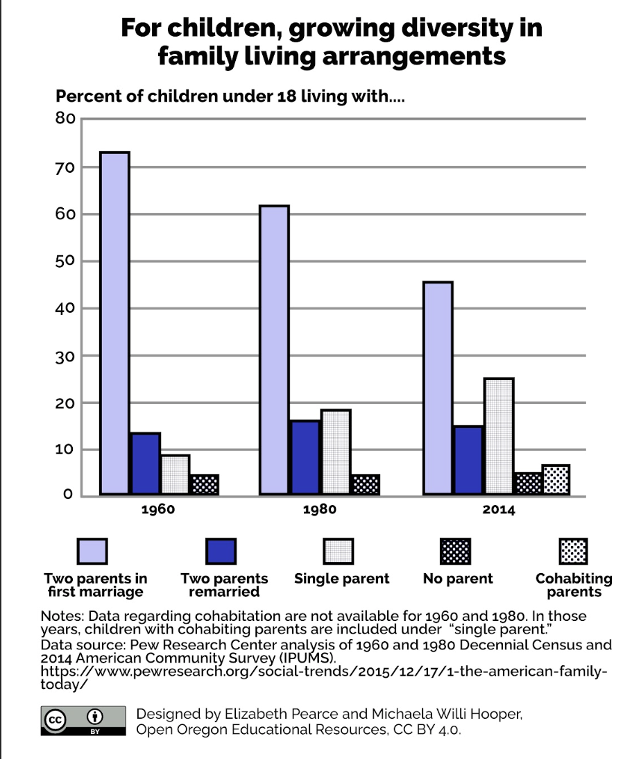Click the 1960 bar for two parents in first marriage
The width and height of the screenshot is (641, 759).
(x=114, y=323)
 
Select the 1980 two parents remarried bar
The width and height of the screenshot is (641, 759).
(x=305, y=458)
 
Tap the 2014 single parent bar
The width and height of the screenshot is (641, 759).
(x=499, y=436)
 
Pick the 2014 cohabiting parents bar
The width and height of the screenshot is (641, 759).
(x=556, y=480)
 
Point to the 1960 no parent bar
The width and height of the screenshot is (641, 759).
(x=204, y=484)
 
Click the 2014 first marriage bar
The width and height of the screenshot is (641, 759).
(x=438, y=389)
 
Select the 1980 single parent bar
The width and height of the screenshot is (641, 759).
(x=336, y=452)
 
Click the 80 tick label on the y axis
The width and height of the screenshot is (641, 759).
(x=65, y=118)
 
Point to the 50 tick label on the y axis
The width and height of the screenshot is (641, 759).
(x=65, y=261)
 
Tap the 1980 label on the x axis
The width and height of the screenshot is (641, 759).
(x=319, y=510)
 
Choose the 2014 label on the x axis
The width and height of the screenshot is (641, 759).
(x=499, y=510)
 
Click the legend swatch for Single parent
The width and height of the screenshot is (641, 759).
(x=339, y=552)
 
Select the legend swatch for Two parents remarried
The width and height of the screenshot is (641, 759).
(x=221, y=552)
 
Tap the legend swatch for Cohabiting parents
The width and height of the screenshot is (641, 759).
(x=573, y=552)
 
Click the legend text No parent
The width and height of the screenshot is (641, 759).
(x=457, y=579)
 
